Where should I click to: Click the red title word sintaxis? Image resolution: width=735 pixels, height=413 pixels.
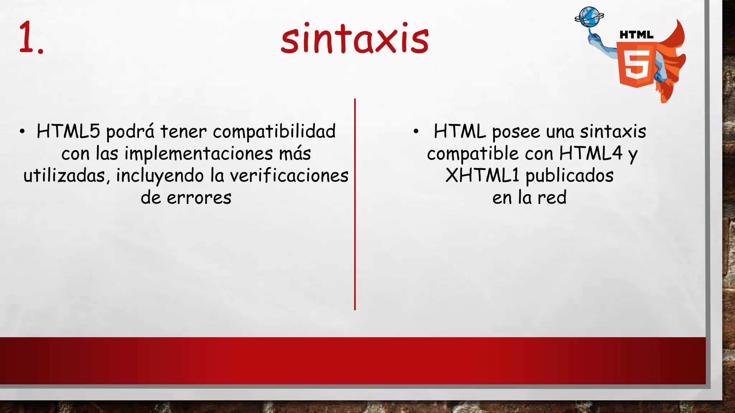[355, 39]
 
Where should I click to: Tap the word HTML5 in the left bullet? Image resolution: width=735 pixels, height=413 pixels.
[68, 131]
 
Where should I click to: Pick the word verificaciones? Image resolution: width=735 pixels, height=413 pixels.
[289, 176]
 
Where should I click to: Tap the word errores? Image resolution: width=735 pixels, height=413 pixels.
[199, 198]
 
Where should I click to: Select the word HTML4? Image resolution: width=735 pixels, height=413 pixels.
[591, 153]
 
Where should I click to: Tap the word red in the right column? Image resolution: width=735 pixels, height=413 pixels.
[552, 198]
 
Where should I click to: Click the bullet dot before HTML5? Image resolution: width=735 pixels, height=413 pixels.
[22, 132]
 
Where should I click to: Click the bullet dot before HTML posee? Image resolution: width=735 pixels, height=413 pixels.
[416, 132]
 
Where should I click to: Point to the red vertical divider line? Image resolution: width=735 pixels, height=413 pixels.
[355, 204]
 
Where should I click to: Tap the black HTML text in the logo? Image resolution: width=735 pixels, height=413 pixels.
[637, 35]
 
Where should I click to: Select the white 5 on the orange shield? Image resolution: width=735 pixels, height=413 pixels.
[637, 65]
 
